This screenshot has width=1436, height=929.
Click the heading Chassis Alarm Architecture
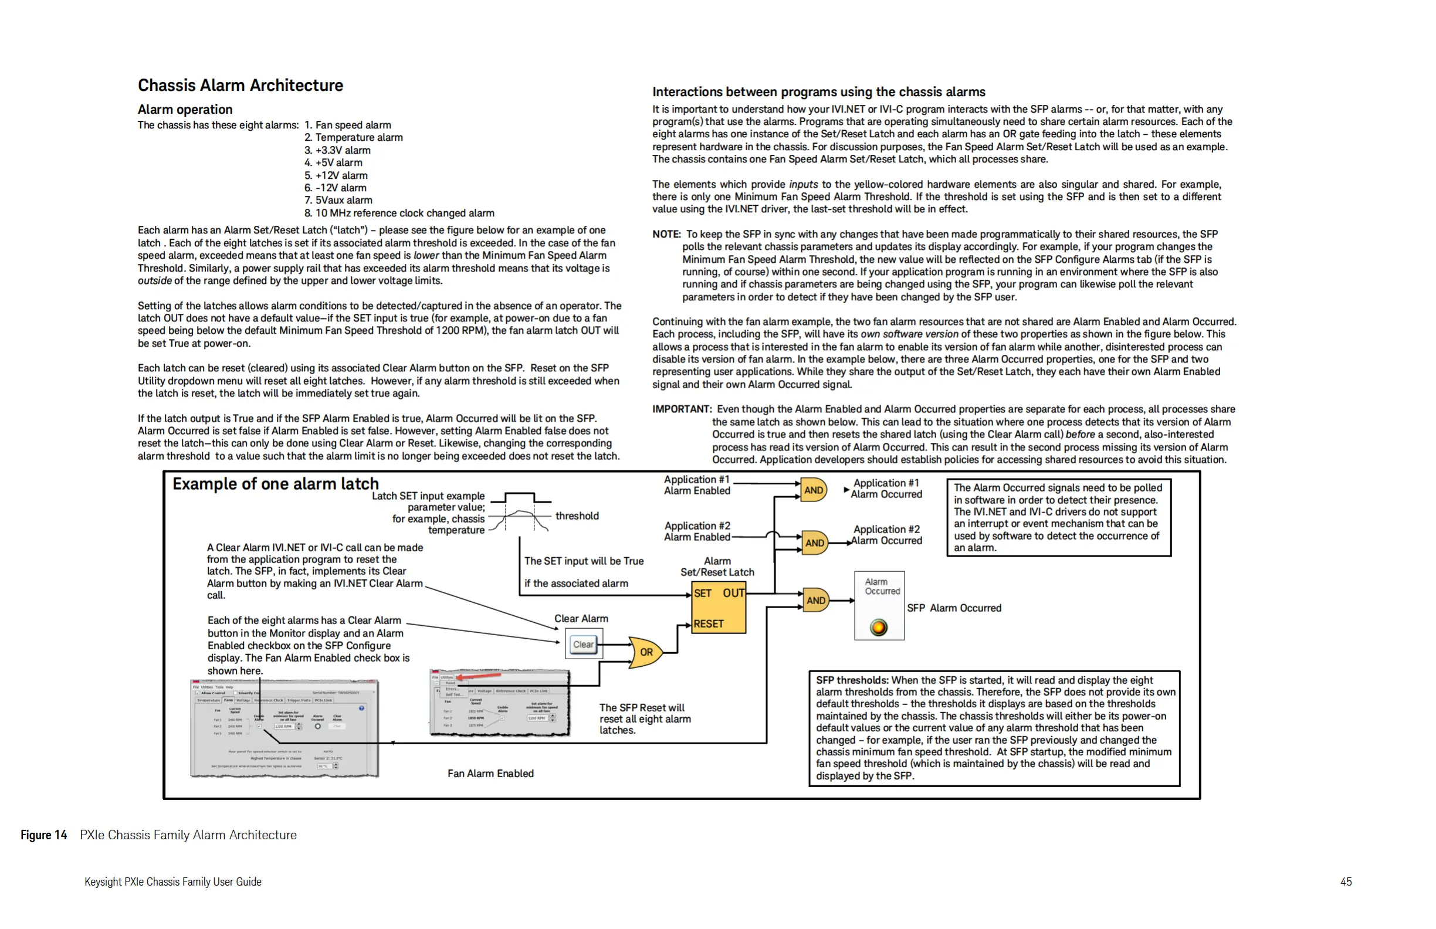pyautogui.click(x=240, y=86)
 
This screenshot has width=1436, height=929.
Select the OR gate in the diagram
pyautogui.click(x=645, y=652)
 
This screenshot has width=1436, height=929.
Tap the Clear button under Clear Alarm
pyautogui.click(x=583, y=645)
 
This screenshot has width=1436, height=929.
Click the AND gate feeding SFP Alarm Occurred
pyautogui.click(x=815, y=600)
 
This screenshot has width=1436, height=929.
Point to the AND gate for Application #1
pyautogui.click(x=812, y=490)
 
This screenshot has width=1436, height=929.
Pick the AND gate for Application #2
pyautogui.click(x=814, y=543)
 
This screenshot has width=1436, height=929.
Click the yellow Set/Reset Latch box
pyautogui.click(x=718, y=608)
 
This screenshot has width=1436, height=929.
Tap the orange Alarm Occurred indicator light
pyautogui.click(x=879, y=628)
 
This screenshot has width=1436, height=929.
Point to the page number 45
pyautogui.click(x=1346, y=881)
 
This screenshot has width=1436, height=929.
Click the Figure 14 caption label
pyautogui.click(x=43, y=835)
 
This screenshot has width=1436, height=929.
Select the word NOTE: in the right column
pyautogui.click(x=666, y=234)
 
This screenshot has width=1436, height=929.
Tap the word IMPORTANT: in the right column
pyautogui.click(x=682, y=409)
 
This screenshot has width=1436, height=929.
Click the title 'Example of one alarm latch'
pyautogui.click(x=275, y=484)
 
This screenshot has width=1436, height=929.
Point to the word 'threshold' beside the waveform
pyautogui.click(x=577, y=516)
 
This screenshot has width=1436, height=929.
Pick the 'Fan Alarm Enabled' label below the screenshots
pyautogui.click(x=490, y=774)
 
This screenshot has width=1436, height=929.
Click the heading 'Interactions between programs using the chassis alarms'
pyautogui.click(x=818, y=91)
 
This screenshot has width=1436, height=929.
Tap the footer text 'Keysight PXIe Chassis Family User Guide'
pyautogui.click(x=172, y=881)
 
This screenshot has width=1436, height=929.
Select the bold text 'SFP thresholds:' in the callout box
pyautogui.click(x=851, y=680)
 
